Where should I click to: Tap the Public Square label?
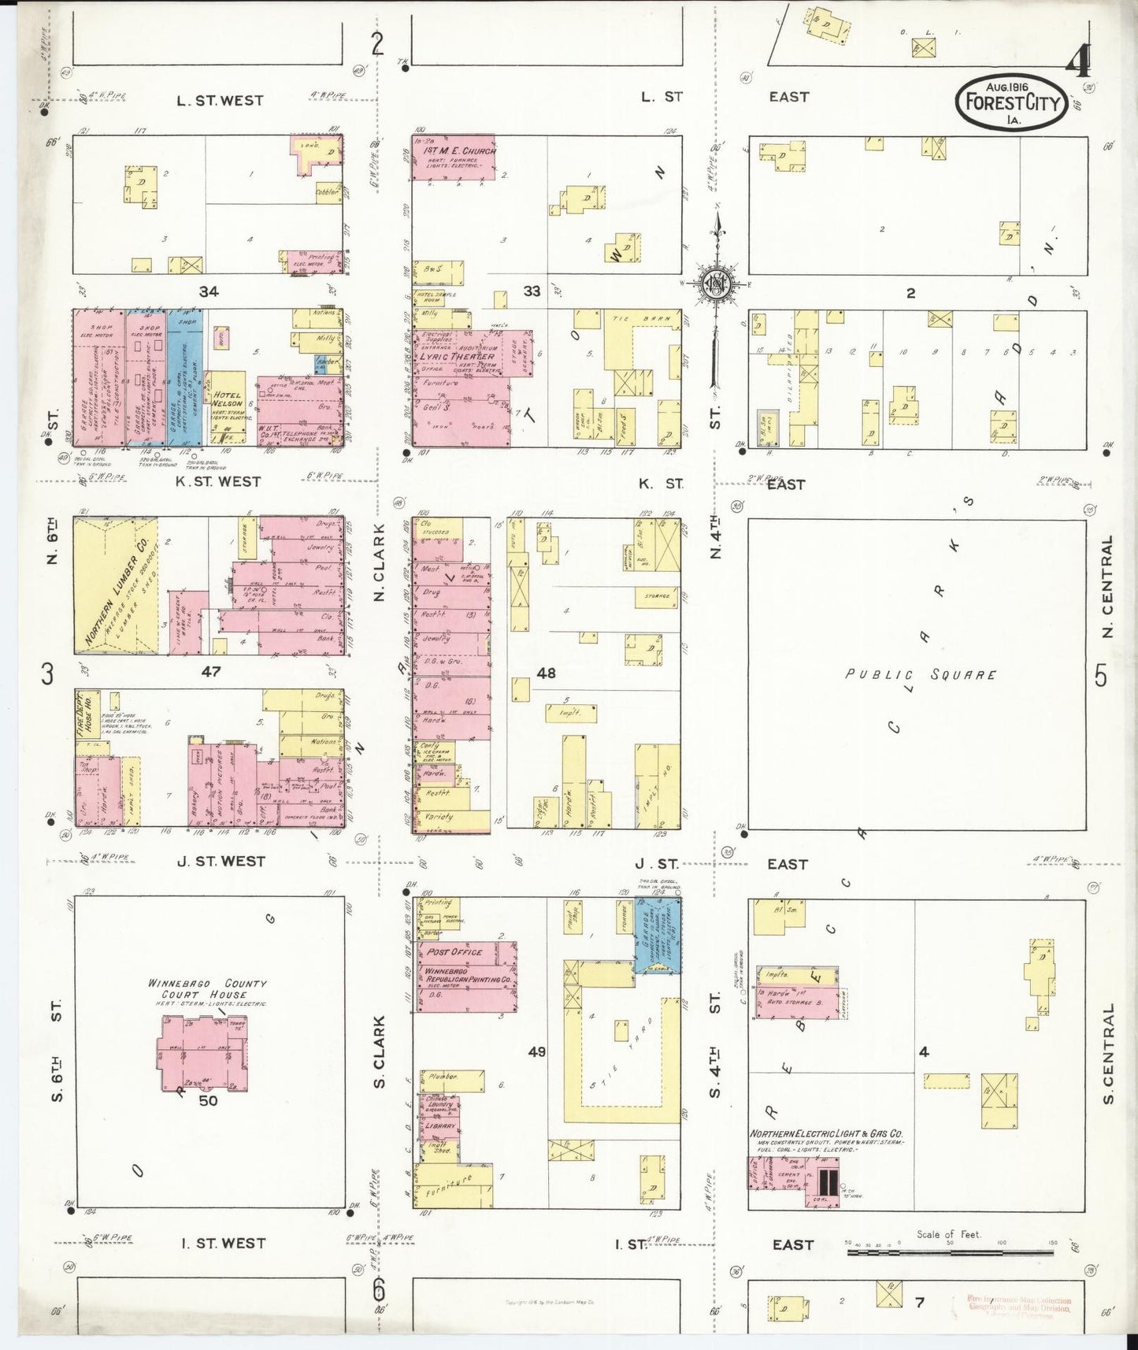[x=920, y=675]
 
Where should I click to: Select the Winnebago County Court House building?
[x=202, y=1053]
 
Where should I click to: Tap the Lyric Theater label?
[x=462, y=357]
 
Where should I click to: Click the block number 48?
[x=546, y=673]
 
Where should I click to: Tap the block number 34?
[x=208, y=291]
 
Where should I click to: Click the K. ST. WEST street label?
[x=218, y=481]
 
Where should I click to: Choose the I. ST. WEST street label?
[x=223, y=1243]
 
